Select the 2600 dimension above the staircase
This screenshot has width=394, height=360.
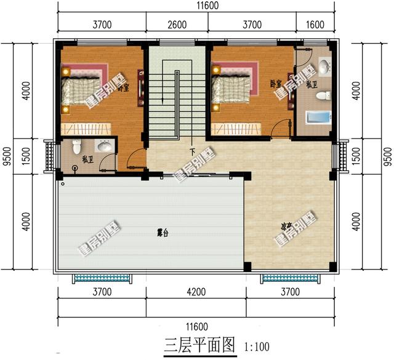(177, 25)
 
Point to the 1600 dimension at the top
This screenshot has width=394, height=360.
(314, 25)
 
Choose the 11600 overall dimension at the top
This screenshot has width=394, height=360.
(198, 6)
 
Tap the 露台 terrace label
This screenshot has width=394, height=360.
(163, 233)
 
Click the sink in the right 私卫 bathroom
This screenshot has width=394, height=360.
(324, 66)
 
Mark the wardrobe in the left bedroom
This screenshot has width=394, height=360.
(86, 128)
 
